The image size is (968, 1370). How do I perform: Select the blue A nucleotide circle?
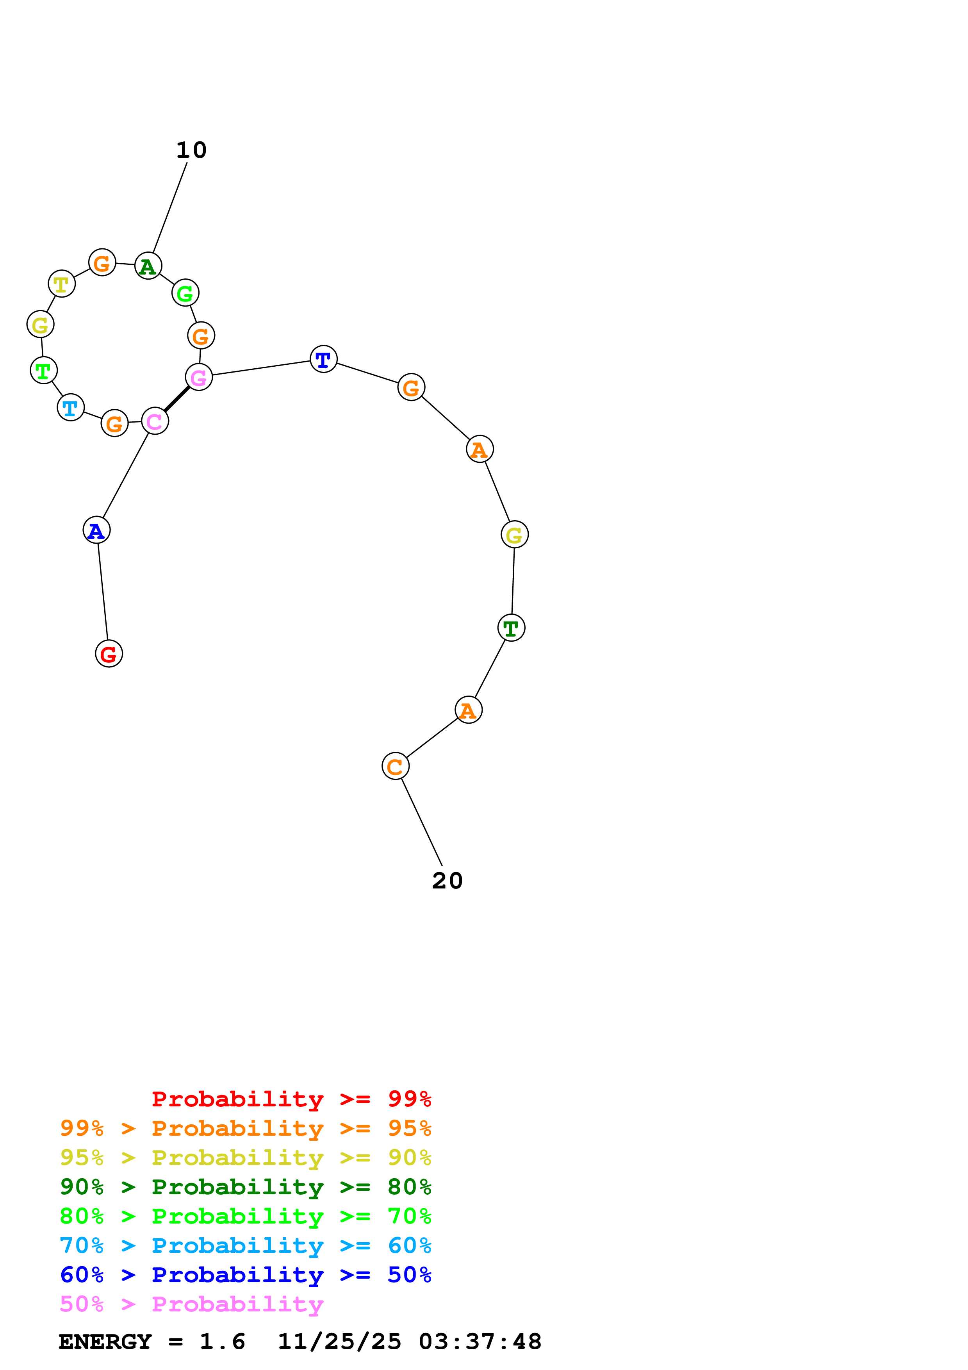point(96,530)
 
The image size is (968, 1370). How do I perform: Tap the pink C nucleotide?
point(155,421)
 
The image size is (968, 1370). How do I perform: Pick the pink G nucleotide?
point(199,377)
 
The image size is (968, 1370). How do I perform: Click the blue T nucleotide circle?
point(323,359)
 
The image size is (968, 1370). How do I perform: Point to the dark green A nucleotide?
point(148,266)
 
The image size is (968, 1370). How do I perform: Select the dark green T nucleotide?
point(511,628)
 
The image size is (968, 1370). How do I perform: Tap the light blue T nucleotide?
point(70,408)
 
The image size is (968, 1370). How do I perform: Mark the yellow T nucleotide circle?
point(61,284)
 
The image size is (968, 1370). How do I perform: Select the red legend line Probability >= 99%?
point(291,1099)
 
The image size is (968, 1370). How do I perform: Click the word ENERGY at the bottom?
point(105,1341)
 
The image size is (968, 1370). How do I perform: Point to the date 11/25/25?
point(339,1341)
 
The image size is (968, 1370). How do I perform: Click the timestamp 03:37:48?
point(480,1341)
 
